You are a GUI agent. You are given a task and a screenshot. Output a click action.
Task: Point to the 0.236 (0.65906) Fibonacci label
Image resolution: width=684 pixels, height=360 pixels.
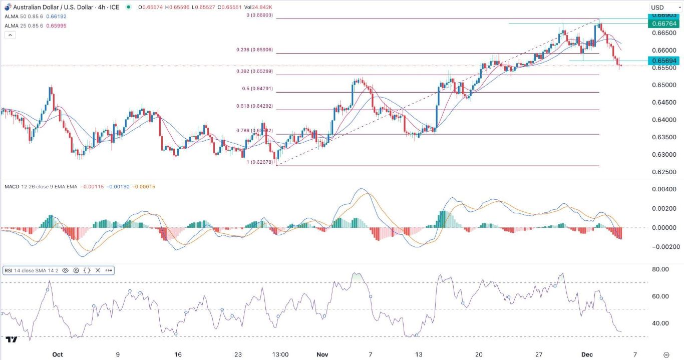254,50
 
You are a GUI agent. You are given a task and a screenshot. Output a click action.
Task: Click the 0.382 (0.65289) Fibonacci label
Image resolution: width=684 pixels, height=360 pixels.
254,72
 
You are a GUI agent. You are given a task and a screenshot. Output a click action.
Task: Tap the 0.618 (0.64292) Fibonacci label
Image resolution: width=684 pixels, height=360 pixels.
254,106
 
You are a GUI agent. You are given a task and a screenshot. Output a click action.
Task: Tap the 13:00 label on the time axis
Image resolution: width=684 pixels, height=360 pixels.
280,354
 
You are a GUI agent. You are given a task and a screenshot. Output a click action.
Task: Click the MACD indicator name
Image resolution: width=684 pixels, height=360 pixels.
12,187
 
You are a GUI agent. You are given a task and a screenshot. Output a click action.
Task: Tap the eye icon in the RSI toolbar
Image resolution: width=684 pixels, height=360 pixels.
66,270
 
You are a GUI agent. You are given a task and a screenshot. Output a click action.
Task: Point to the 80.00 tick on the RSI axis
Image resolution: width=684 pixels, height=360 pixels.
660,269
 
